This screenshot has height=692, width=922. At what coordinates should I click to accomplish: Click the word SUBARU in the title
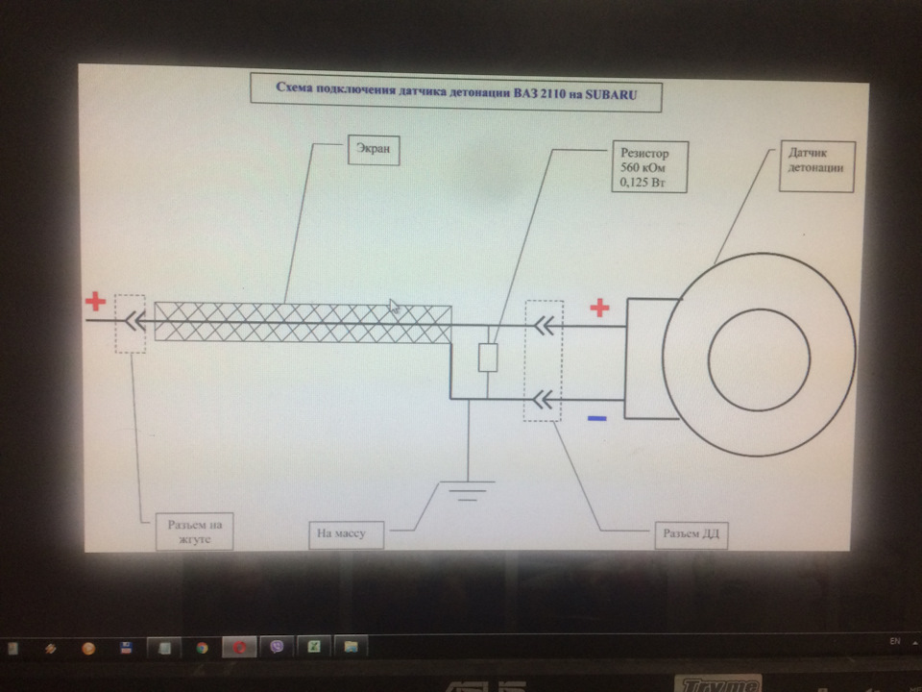[x=611, y=94]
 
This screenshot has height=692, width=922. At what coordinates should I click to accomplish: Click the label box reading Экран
[x=374, y=150]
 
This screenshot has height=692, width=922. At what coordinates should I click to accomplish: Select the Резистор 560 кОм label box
[x=650, y=167]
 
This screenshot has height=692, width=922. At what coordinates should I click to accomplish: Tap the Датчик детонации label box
[x=816, y=166]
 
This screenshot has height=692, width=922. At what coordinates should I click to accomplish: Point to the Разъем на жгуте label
[x=195, y=531]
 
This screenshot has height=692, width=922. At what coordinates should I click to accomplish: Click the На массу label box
[x=347, y=534]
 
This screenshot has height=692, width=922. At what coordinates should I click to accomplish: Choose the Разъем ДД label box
[x=691, y=534]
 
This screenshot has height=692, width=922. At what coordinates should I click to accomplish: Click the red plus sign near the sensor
[x=599, y=308]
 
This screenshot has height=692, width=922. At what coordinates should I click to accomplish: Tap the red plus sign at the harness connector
[x=95, y=301]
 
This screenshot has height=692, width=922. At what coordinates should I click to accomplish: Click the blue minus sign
[x=596, y=418]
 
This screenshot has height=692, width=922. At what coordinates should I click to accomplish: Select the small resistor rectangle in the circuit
[x=488, y=358]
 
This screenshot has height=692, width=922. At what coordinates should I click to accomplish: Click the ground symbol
[x=468, y=491]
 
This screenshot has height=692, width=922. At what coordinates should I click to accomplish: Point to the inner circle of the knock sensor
[x=759, y=359]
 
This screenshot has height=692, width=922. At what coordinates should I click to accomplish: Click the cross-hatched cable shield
[x=303, y=322]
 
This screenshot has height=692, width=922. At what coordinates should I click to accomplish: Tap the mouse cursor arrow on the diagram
[x=394, y=307]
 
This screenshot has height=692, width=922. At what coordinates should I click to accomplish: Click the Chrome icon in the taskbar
[x=203, y=648]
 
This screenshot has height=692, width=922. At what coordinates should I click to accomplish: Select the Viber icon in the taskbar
[x=277, y=647]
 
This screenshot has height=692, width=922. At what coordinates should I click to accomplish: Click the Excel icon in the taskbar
[x=315, y=647]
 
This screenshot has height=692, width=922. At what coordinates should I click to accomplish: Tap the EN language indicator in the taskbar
[x=894, y=641]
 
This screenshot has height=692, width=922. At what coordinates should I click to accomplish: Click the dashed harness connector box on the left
[x=130, y=324]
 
